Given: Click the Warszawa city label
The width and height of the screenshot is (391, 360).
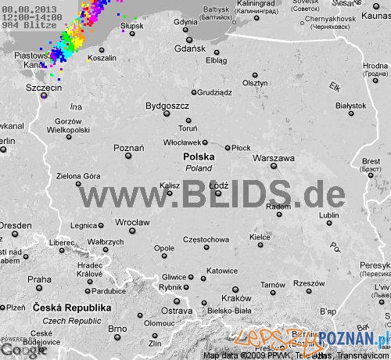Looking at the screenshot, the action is point(274,158).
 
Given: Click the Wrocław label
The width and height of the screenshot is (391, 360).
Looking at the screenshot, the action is point(132,222).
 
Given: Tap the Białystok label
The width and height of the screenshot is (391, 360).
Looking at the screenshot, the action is point(350,105).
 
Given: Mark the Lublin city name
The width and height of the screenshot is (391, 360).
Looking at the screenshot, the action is point(329,215).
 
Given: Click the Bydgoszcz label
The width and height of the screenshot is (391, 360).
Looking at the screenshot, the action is point(167,105).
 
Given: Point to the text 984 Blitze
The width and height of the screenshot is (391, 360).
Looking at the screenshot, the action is point(24,25).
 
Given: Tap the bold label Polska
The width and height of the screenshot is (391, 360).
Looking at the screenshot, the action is point(199,157).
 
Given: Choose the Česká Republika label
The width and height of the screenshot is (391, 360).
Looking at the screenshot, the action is point(67,309).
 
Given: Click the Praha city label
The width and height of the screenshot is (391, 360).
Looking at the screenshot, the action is point(39,279).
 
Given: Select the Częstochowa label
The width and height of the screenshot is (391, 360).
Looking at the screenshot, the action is point(205,239).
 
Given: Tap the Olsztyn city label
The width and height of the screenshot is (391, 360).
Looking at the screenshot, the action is point(255,83).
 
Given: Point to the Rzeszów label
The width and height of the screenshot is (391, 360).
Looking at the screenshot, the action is point(309,283).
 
